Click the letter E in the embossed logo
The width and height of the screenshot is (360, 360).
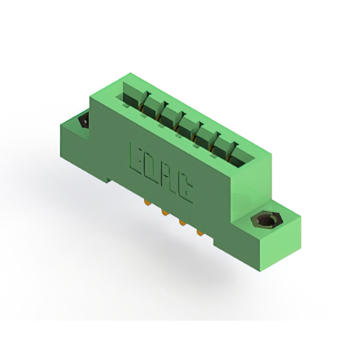[136, 159]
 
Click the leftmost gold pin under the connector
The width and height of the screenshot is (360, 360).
[146, 202]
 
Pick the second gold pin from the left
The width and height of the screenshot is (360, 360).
[164, 213]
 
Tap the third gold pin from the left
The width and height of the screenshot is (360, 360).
[182, 222]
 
